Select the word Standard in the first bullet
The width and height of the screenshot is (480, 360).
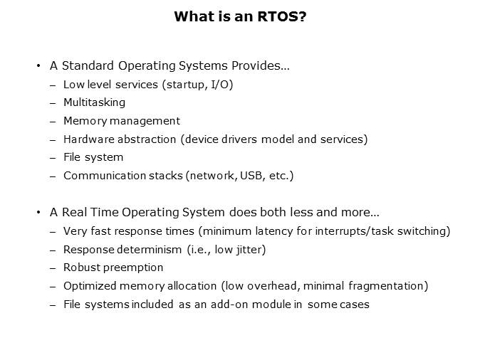pos(84,66)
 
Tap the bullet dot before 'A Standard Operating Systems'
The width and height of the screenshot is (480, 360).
pos(38,66)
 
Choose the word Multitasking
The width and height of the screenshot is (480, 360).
pos(94,102)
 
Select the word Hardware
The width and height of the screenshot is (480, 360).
pos(88,139)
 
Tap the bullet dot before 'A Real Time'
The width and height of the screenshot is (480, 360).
pos(38,213)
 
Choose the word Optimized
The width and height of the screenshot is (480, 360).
pos(89,286)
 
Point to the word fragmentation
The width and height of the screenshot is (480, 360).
pos(391,286)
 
